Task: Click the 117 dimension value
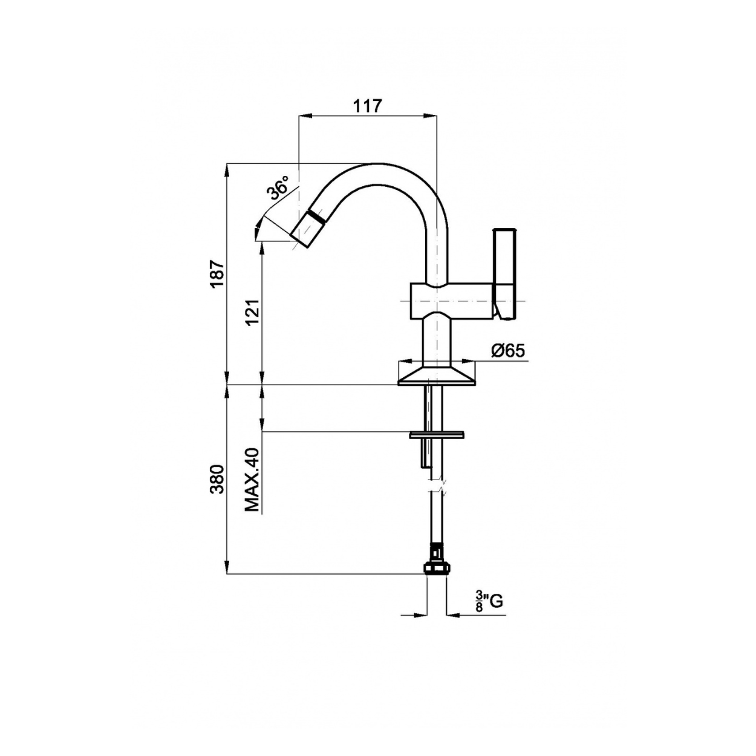pyautogui.click(x=367, y=106)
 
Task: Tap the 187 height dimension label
pyautogui.click(x=218, y=273)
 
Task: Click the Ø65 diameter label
pyautogui.click(x=507, y=351)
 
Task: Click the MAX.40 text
pyautogui.click(x=253, y=480)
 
